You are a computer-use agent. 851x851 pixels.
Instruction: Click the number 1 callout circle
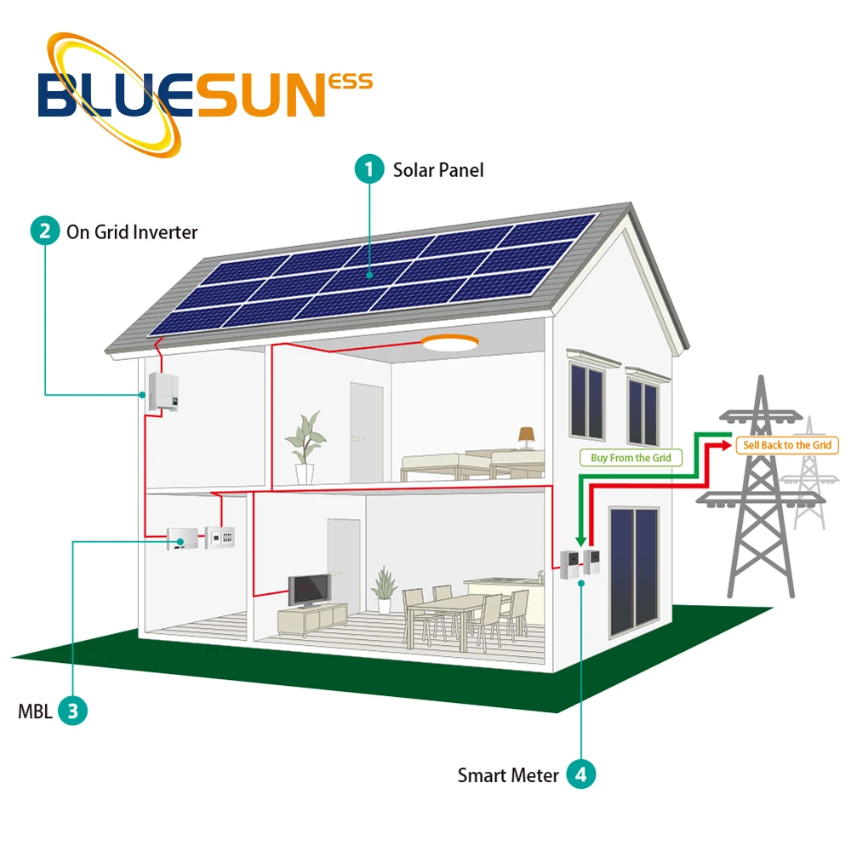coord(368,169)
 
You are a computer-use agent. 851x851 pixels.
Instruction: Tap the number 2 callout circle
coord(44,231)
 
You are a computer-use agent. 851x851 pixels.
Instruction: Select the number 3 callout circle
coord(72,711)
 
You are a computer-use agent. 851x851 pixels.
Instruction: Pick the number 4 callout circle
coord(581,774)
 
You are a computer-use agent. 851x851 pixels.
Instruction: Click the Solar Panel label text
coord(437,170)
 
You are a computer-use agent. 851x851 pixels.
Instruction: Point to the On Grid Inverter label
coord(132,231)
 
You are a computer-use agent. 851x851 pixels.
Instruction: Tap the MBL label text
coord(35,711)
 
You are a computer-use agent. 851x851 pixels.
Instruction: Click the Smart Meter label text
coord(508,775)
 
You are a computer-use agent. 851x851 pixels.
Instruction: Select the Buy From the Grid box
coord(631,458)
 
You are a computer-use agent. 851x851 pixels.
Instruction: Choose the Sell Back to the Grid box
coord(786,445)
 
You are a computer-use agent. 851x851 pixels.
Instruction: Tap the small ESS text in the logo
coord(351,83)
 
